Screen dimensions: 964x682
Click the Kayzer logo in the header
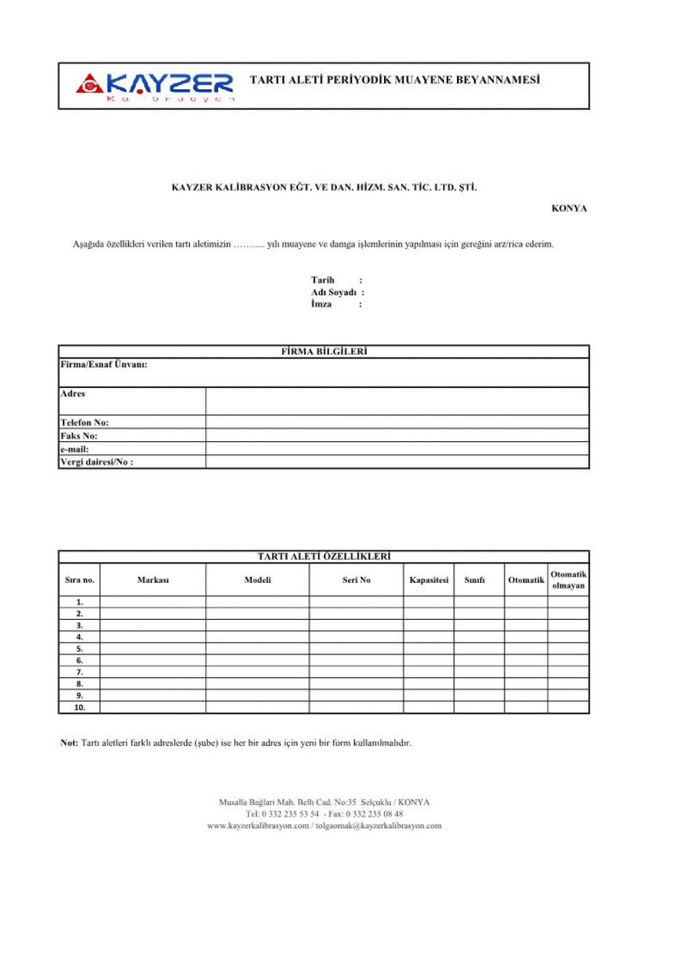[x=155, y=86]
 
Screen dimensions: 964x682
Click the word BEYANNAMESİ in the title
[x=497, y=80]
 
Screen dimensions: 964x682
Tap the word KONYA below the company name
[x=569, y=209]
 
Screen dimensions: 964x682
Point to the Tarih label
[x=323, y=280]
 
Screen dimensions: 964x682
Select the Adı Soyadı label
[x=333, y=292]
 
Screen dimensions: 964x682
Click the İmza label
[x=321, y=304]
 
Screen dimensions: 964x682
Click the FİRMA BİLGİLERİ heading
[x=324, y=352]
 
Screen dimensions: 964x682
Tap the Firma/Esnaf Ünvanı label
[x=104, y=365]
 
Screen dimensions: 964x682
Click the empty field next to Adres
[x=397, y=401]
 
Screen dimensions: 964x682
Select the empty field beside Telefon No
[x=397, y=422]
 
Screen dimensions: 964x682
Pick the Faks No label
[x=79, y=436]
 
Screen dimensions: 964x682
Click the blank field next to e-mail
[x=397, y=449]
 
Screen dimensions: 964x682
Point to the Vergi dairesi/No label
[x=97, y=462]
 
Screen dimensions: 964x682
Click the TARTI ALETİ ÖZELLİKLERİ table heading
[x=324, y=556]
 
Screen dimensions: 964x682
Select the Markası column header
[x=153, y=580]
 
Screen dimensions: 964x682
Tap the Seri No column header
[x=356, y=580]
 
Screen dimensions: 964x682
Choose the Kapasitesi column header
[x=429, y=580]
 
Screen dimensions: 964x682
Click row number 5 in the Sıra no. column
[x=79, y=649]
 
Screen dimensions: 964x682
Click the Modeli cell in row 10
[x=257, y=708]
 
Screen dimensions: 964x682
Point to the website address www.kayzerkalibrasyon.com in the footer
[x=258, y=826]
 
